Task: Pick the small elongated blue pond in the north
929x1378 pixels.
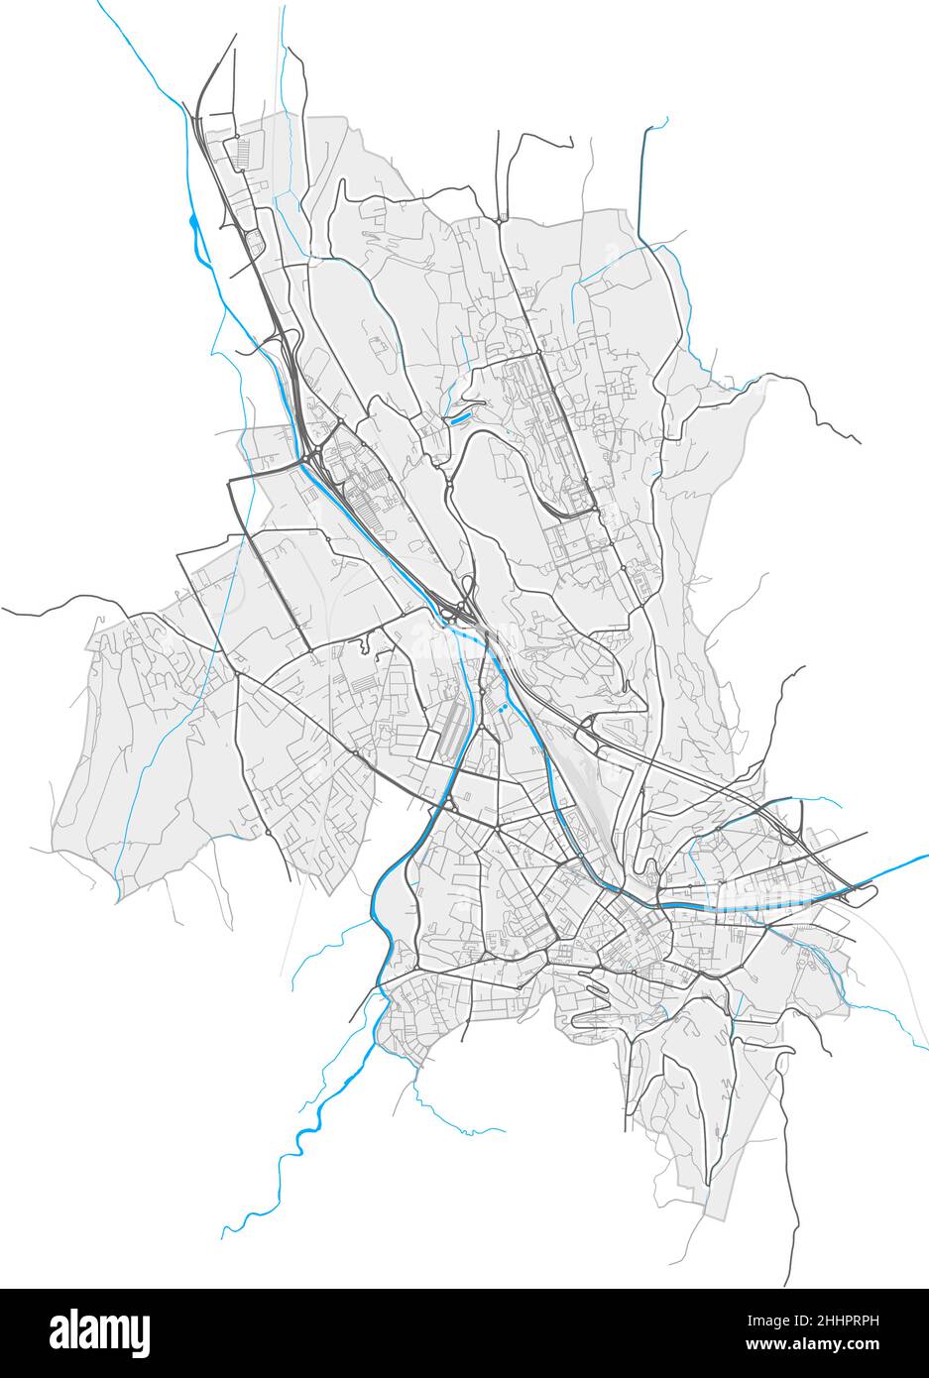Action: [457, 419]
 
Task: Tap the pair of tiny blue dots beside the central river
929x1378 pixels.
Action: [504, 708]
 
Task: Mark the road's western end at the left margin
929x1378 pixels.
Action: [3, 611]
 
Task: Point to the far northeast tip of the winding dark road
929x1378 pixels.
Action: [858, 441]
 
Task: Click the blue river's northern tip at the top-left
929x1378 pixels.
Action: [98, 3]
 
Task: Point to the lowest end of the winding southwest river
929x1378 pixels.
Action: [222, 1237]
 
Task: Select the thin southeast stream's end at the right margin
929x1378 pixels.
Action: [925, 1047]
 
